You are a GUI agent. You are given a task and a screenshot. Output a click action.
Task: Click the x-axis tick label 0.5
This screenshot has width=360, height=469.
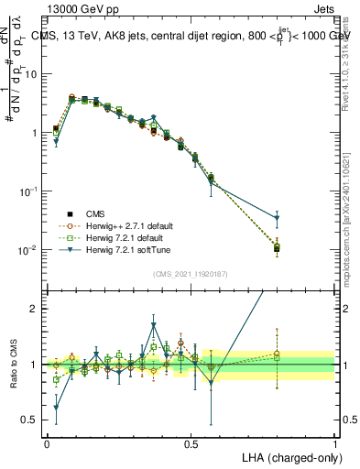click(x=191, y=442)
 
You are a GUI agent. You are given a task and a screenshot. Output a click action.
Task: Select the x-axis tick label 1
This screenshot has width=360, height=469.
click(x=334, y=442)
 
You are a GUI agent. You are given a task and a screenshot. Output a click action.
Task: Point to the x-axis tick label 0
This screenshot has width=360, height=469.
click(x=47, y=442)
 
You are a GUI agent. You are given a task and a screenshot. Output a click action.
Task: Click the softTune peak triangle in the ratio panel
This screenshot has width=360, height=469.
click(x=154, y=325)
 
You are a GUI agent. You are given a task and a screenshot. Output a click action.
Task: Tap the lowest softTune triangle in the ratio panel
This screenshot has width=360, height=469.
click(x=56, y=408)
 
